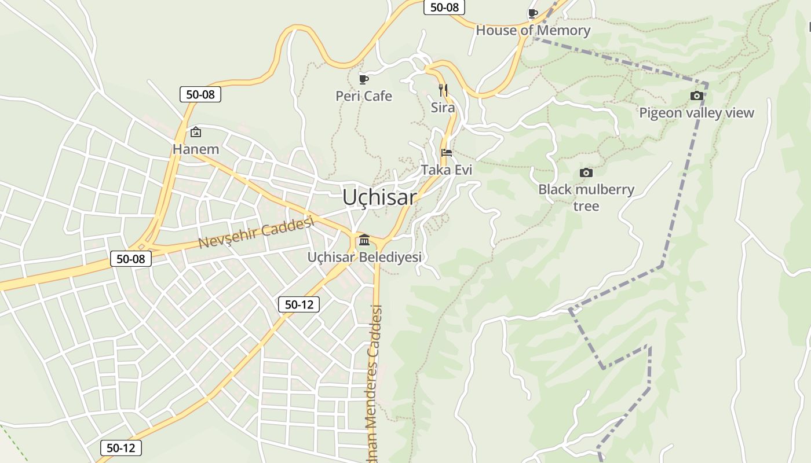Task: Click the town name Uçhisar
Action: (379, 197)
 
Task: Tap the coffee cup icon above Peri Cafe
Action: (364, 79)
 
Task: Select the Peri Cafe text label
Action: (364, 96)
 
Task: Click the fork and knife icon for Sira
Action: (443, 90)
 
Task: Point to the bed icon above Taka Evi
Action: (447, 153)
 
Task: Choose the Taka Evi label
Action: (447, 170)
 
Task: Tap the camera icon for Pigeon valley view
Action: (697, 95)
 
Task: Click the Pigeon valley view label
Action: (696, 113)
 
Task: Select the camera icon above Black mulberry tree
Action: (586, 172)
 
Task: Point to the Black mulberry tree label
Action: (586, 197)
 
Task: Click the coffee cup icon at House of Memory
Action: (533, 13)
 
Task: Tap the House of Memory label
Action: (533, 31)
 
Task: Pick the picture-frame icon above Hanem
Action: (196, 132)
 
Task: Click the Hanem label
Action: (196, 149)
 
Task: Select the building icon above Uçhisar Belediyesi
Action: (364, 240)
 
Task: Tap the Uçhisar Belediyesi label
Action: (364, 257)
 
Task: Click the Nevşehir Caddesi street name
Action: (256, 233)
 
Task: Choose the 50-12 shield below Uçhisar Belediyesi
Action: (299, 304)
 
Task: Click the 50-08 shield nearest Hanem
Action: (200, 94)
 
